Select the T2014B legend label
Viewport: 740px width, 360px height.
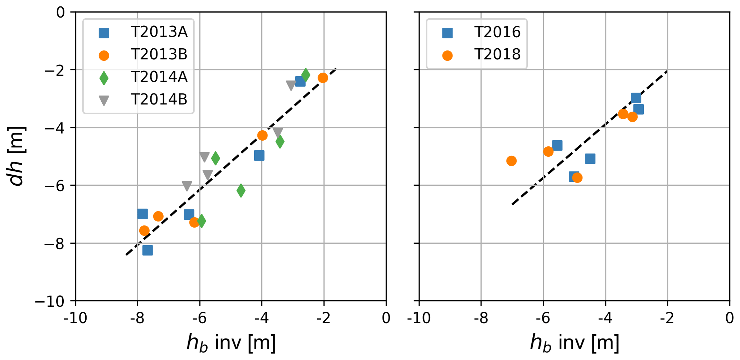[159, 99]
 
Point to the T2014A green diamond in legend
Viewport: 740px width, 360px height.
[104, 78]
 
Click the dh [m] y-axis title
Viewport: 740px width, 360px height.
[16, 156]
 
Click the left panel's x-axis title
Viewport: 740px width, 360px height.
[231, 343]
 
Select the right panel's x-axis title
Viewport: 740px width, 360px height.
[574, 343]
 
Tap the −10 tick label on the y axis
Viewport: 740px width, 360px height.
[50, 302]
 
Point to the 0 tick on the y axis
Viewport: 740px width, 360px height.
[61, 13]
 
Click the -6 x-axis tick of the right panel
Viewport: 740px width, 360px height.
[543, 318]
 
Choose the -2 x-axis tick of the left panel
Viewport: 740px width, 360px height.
[324, 318]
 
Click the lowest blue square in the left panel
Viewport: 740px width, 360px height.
[147, 250]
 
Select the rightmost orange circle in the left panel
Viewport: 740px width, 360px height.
[323, 78]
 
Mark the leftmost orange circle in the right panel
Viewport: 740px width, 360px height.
[512, 161]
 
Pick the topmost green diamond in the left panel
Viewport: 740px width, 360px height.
[305, 75]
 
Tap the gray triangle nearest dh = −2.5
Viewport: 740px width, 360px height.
[291, 85]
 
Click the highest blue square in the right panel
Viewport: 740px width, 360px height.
[636, 98]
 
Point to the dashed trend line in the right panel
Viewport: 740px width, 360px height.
[589, 138]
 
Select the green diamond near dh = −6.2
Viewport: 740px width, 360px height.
[241, 190]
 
